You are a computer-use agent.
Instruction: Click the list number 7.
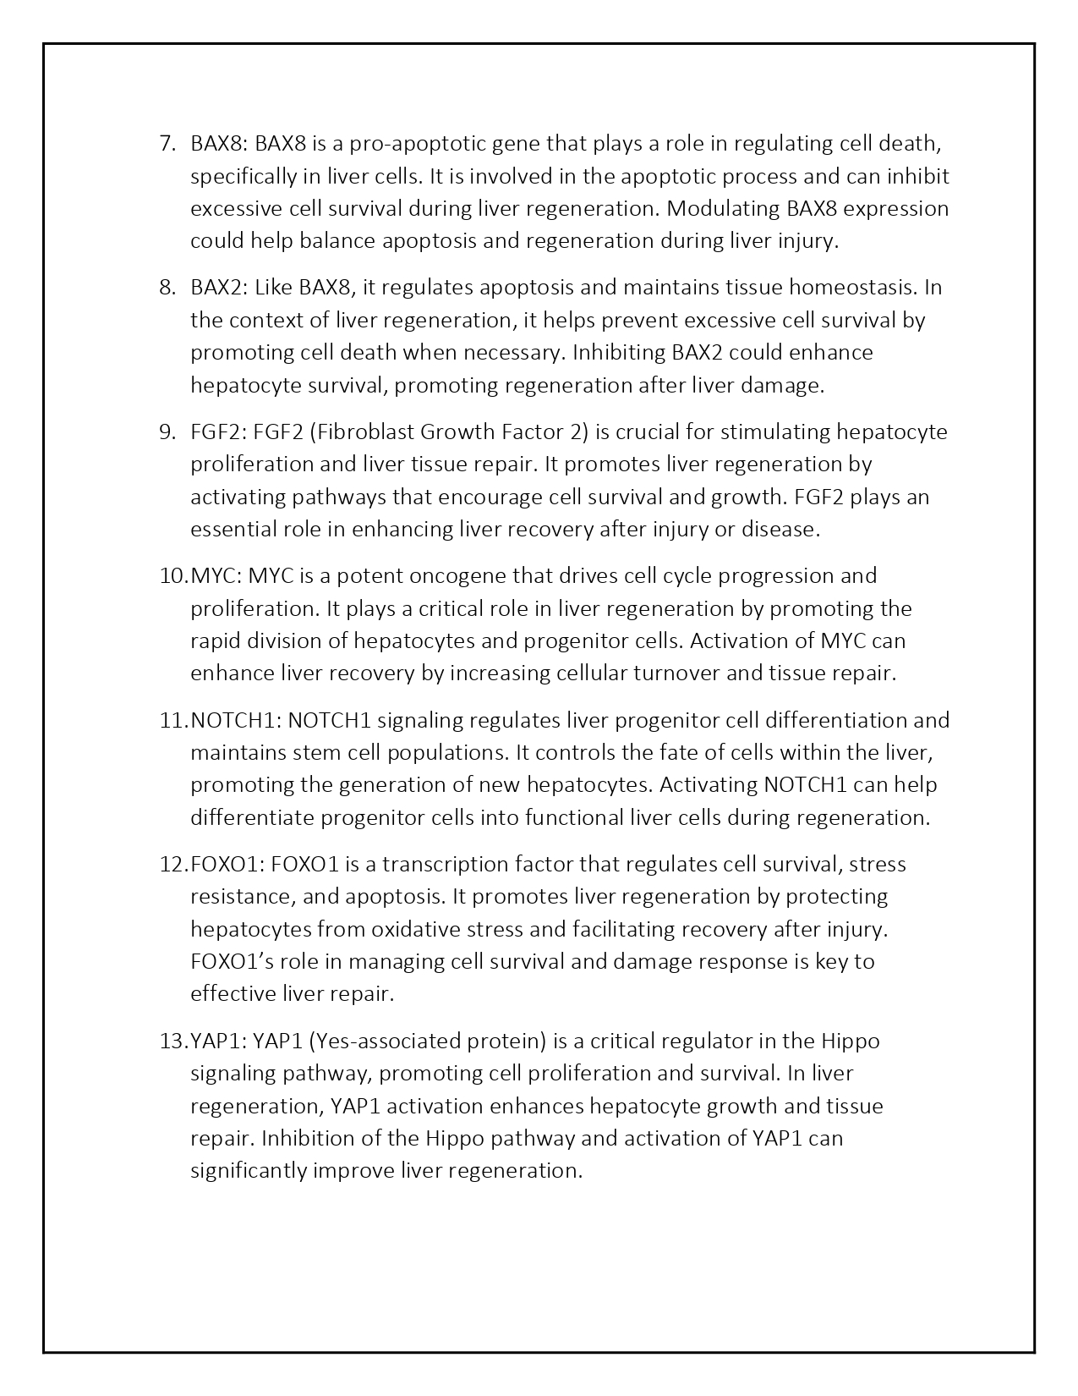click(166, 144)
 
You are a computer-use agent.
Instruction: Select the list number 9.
click(166, 432)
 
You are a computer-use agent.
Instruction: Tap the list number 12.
click(172, 865)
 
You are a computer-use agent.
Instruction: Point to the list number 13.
click(172, 1041)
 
